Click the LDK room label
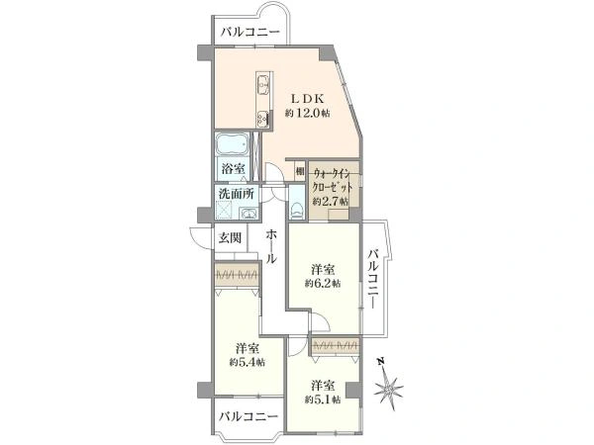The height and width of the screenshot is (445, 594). [307, 99]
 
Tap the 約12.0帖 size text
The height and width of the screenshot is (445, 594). [307, 113]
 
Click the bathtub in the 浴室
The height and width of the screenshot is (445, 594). [233, 144]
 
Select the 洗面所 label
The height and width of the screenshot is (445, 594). [237, 194]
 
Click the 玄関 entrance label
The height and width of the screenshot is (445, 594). [230, 238]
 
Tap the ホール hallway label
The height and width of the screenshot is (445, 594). [271, 247]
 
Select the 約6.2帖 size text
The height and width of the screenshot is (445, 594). [323, 284]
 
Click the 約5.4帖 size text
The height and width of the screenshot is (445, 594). [247, 362]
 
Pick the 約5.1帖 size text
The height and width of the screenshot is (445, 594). [323, 400]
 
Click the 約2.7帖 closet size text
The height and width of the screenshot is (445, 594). [331, 202]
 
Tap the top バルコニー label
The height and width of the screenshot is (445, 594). [250, 32]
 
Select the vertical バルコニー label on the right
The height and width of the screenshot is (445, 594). [374, 278]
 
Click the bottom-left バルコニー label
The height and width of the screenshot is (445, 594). [248, 417]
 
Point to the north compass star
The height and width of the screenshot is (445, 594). [389, 389]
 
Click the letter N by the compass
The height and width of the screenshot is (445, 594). [381, 361]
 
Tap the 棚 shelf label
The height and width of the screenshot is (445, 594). [300, 171]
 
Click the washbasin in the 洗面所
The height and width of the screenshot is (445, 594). [248, 214]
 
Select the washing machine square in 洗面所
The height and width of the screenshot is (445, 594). [223, 210]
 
